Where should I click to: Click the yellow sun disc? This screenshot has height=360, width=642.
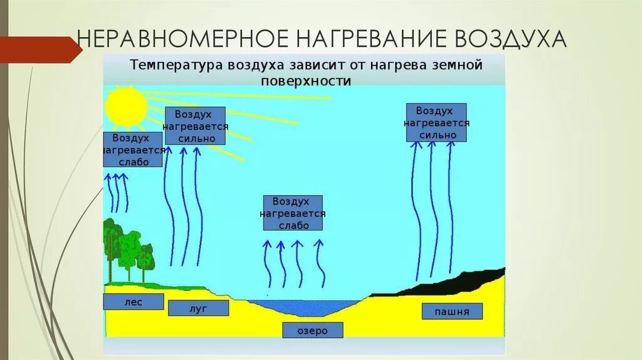point(125,105)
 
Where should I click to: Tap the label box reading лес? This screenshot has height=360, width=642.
point(133,302)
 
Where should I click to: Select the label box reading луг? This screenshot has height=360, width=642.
point(197,308)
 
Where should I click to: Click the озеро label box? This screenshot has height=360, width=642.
point(313,331)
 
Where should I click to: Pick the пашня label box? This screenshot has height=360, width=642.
point(451,311)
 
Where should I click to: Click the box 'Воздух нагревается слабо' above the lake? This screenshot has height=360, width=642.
point(293,213)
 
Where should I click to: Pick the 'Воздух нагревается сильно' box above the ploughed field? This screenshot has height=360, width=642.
point(436,122)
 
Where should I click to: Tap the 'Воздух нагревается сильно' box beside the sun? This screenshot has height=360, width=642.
point(196,125)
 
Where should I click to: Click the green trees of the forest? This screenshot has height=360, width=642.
point(129,248)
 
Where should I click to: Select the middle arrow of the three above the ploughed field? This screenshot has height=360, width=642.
point(432,207)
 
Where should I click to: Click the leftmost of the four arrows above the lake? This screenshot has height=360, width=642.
point(268,263)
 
